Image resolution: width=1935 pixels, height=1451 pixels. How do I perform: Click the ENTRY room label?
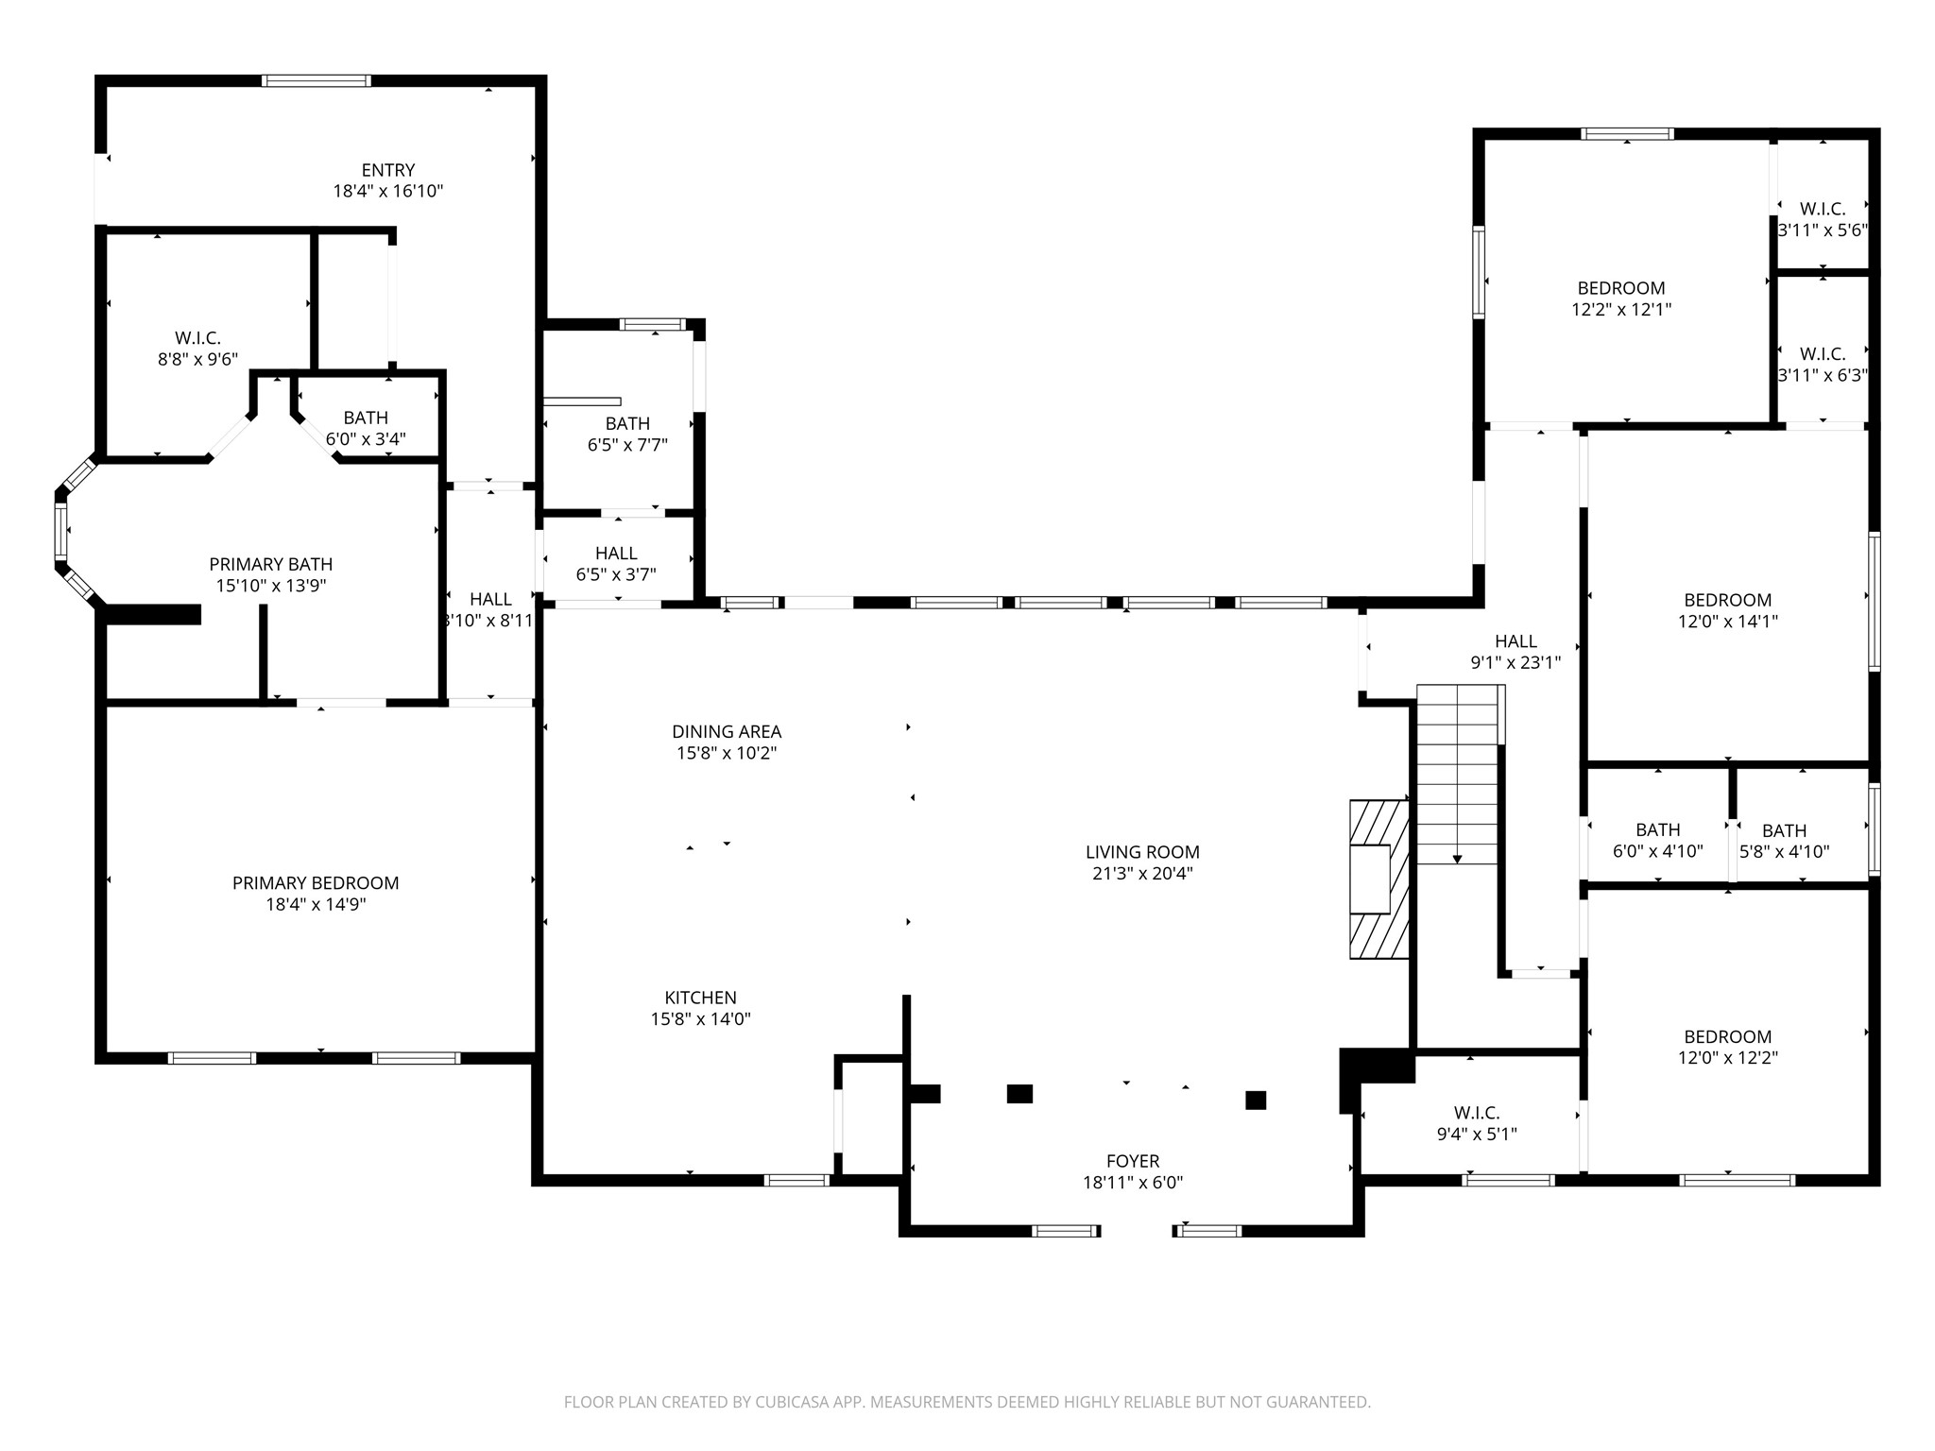387,170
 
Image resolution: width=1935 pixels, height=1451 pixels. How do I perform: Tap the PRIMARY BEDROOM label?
316,883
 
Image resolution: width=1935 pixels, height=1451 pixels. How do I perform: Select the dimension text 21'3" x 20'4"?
1142,874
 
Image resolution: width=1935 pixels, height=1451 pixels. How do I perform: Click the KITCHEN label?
700,998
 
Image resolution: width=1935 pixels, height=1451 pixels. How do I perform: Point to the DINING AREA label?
727,731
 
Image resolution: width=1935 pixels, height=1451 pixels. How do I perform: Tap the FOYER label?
1133,1161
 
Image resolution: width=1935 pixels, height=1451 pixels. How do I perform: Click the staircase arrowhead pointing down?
1457,859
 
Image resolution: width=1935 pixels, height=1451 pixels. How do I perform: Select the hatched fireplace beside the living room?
1378,879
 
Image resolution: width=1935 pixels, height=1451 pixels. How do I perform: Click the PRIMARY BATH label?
271,564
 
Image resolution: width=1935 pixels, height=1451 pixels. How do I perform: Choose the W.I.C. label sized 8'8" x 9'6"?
197,338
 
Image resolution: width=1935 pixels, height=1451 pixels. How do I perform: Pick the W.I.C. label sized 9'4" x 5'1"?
1477,1113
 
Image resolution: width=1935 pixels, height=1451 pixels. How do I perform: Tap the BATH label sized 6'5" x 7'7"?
627,423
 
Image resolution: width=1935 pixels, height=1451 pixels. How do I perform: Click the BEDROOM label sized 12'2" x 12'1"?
1621,288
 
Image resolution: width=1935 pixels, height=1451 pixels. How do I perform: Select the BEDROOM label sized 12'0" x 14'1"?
1728,600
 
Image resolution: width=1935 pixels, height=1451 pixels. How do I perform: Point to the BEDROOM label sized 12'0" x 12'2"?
1728,1036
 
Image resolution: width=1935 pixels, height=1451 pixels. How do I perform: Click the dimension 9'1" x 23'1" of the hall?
1515,663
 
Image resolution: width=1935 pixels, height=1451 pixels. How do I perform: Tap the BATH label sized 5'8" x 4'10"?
1784,830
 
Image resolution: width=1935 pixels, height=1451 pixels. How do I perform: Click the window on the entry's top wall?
316,81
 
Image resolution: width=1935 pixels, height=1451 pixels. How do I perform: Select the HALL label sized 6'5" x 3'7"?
616,553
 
